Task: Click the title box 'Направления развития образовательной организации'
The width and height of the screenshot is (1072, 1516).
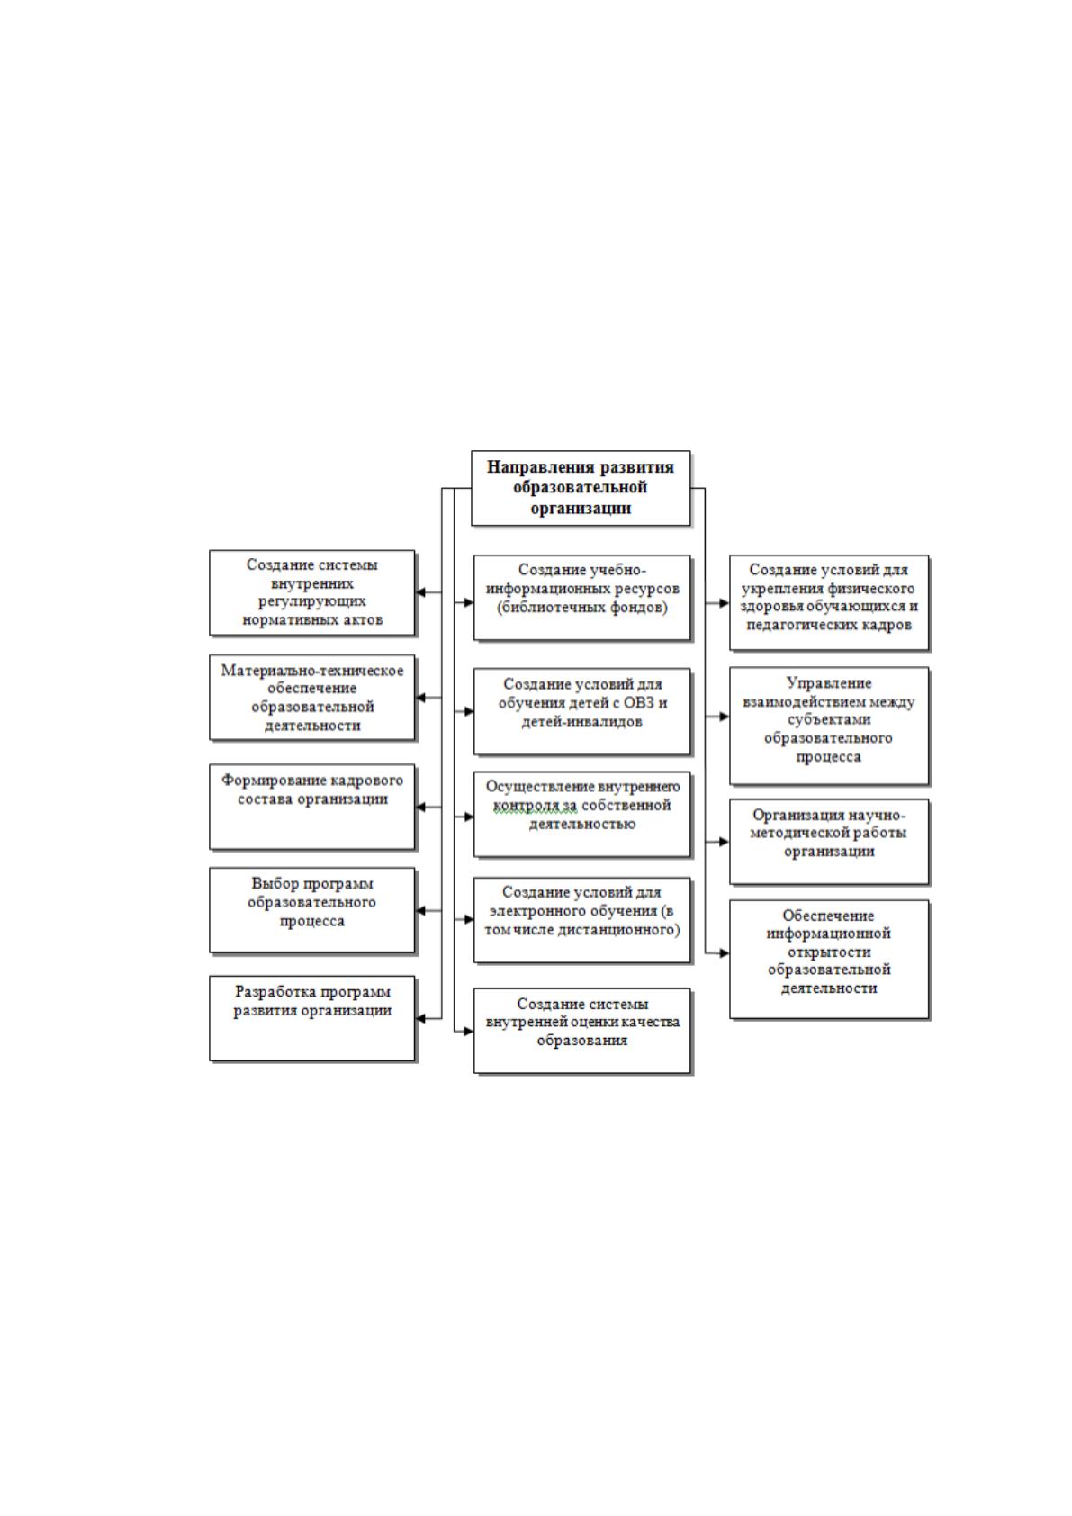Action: click(x=580, y=488)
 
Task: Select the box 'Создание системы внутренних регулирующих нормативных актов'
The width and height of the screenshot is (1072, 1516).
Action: click(x=312, y=593)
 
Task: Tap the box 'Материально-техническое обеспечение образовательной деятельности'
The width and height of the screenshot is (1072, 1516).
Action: click(x=312, y=697)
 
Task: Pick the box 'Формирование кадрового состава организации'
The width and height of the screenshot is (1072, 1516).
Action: click(x=312, y=808)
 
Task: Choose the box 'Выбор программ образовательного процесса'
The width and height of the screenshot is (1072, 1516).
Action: click(x=312, y=910)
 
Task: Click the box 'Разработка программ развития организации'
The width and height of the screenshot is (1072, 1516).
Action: click(x=312, y=1018)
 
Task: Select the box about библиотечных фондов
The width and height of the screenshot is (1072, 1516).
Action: click(x=582, y=598)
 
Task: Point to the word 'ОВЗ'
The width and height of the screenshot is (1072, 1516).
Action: click(x=639, y=703)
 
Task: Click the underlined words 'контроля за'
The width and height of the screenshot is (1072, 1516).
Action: click(x=536, y=806)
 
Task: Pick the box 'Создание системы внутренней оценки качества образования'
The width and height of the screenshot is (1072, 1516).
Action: click(x=582, y=1031)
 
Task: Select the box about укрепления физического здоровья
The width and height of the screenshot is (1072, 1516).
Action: click(x=829, y=603)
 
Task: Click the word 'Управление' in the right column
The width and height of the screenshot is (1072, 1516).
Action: click(x=828, y=683)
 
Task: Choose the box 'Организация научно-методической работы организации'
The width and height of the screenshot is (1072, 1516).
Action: click(x=829, y=842)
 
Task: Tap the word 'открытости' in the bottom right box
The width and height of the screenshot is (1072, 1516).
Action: click(x=828, y=952)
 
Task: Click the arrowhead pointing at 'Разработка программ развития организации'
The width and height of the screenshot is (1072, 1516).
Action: click(x=419, y=1018)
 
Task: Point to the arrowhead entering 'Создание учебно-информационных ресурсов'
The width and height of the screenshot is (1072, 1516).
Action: click(x=468, y=601)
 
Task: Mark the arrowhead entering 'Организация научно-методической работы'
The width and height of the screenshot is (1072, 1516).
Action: click(x=725, y=841)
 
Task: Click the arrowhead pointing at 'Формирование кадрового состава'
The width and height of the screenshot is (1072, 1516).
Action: click(x=419, y=807)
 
